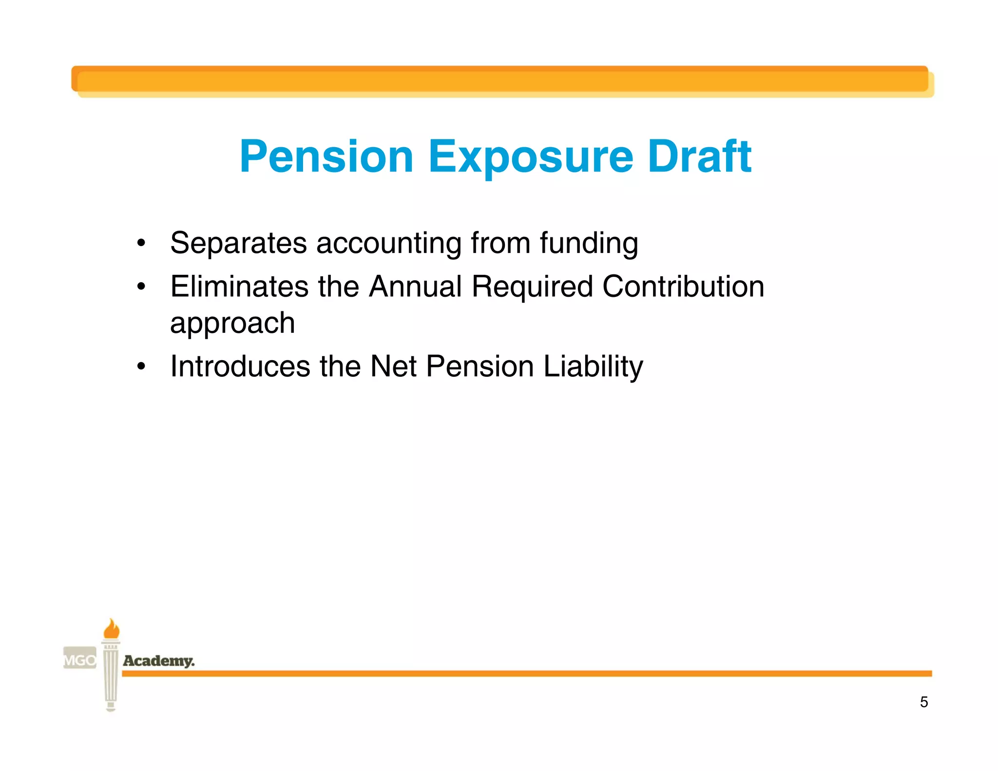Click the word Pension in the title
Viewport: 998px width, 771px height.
click(326, 156)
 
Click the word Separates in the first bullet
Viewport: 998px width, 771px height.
click(238, 243)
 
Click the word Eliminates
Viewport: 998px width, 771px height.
click(239, 286)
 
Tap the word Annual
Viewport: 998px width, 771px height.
click(415, 286)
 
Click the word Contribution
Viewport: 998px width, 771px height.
click(683, 286)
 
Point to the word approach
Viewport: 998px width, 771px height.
click(232, 324)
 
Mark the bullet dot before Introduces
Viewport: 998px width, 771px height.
click(141, 366)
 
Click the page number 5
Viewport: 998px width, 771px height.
click(923, 702)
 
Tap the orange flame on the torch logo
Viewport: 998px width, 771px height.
click(112, 629)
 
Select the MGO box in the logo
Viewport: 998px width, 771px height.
click(80, 660)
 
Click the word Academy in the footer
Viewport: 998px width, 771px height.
click(158, 661)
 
